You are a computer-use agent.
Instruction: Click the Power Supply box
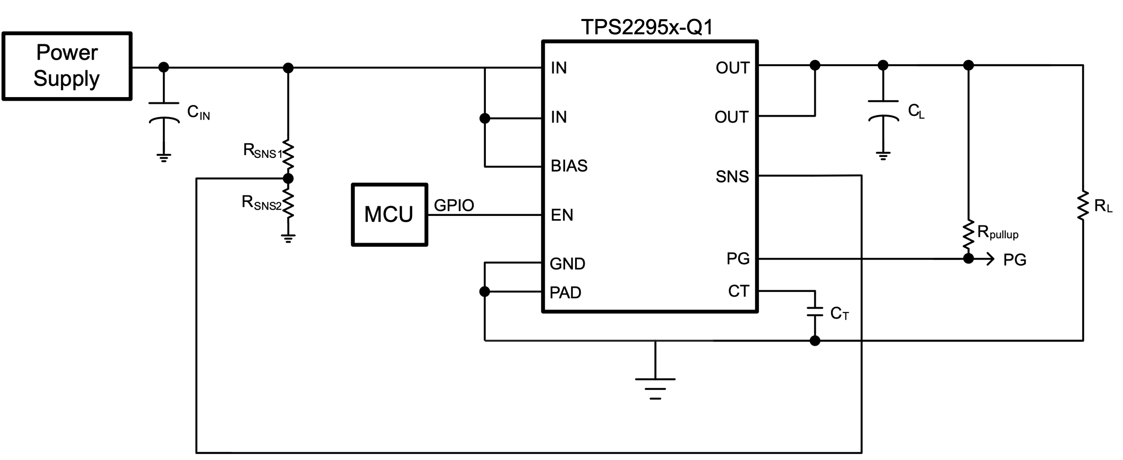[x=67, y=66]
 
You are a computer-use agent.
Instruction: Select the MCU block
[x=389, y=214]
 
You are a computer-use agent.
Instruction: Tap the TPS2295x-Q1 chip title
[x=647, y=27]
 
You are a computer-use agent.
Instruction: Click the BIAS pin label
[x=569, y=166]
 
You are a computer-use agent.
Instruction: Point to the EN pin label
[x=561, y=215]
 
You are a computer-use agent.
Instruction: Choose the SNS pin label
[x=732, y=177]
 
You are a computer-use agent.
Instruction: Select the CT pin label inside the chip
[x=738, y=291]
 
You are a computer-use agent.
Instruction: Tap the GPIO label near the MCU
[x=454, y=205]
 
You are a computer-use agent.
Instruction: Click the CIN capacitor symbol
[x=164, y=112]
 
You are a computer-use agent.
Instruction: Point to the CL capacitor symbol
[x=883, y=110]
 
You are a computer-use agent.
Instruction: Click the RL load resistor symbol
[x=1083, y=205]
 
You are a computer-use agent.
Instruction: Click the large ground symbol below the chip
[x=655, y=388]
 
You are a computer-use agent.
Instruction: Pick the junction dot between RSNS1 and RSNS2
[x=288, y=178]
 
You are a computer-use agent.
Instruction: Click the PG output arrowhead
[x=990, y=259]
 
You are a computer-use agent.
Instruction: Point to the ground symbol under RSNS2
[x=288, y=238]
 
